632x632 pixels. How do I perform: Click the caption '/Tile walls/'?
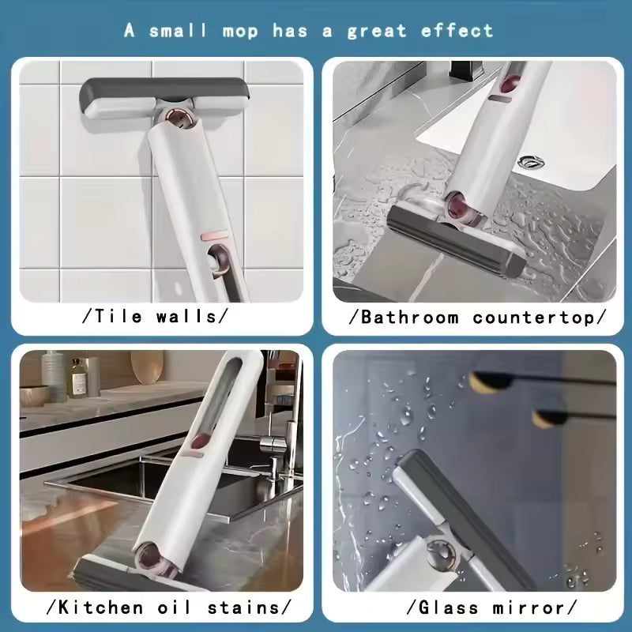coord(155,317)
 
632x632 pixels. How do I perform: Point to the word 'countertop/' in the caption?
coord(540,317)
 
